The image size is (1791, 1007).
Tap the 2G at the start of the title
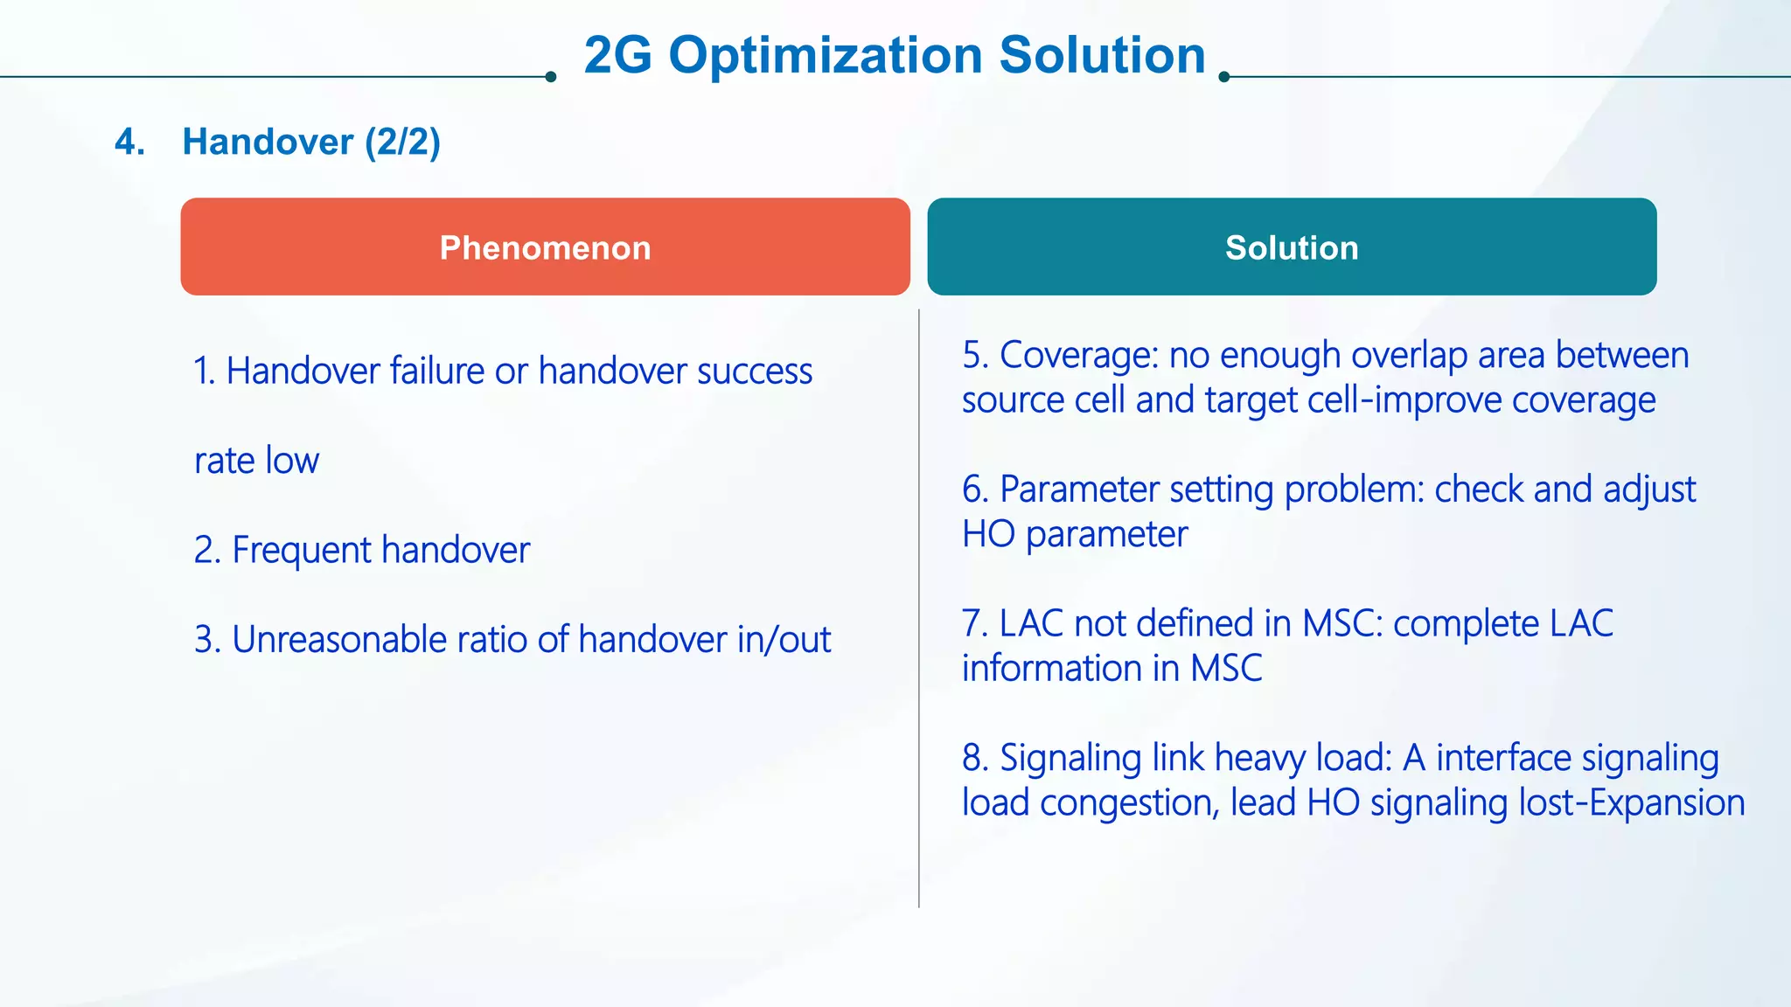(x=617, y=56)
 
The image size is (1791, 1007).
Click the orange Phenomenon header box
(x=545, y=247)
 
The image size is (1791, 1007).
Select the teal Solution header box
(x=1292, y=247)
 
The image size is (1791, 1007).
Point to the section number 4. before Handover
(x=129, y=142)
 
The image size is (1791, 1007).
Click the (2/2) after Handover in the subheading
(x=402, y=142)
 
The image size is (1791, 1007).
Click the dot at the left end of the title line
(x=550, y=77)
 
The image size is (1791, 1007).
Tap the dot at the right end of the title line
(x=1224, y=77)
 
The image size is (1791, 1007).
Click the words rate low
(x=256, y=461)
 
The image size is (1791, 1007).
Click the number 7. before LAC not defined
(x=974, y=624)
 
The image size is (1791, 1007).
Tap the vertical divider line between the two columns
(x=919, y=612)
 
